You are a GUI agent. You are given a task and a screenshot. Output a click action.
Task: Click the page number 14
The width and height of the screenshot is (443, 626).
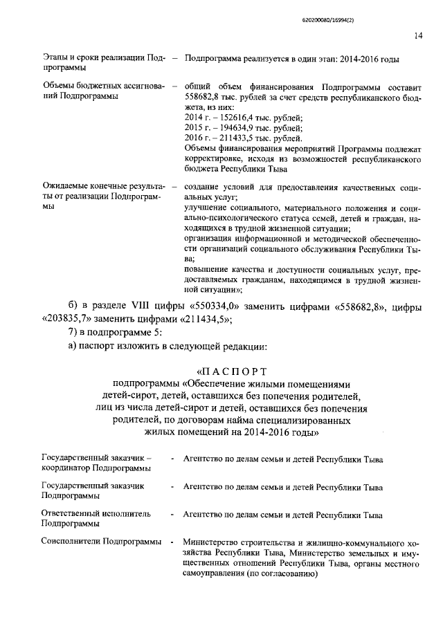(418, 35)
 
